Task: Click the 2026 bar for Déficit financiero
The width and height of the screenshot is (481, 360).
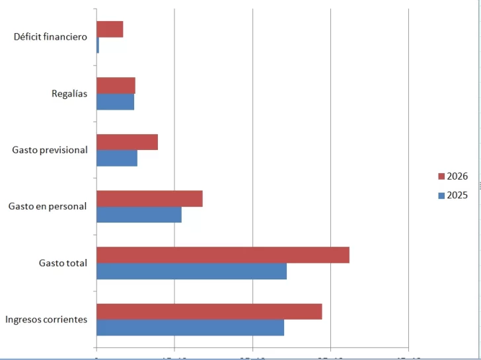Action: click(x=110, y=29)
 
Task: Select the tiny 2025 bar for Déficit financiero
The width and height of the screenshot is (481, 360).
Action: click(x=98, y=45)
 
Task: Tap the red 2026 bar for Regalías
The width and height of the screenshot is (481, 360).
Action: click(x=116, y=85)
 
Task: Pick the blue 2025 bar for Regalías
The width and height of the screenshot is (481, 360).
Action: click(x=115, y=102)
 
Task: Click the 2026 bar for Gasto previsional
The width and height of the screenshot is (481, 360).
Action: click(x=127, y=142)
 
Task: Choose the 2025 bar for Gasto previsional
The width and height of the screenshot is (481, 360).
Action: click(x=117, y=158)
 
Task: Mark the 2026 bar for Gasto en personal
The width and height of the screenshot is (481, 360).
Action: click(x=149, y=199)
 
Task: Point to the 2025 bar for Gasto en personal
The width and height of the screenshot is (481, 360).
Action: click(x=139, y=215)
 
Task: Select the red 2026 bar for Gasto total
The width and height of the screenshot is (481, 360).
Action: click(x=223, y=255)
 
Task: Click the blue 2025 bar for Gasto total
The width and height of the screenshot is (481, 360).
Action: click(x=192, y=271)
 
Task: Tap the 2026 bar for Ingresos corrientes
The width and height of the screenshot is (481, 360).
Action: click(x=209, y=312)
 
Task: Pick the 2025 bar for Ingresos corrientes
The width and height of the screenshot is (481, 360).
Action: click(x=190, y=328)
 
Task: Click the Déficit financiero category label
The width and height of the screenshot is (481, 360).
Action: click(x=50, y=37)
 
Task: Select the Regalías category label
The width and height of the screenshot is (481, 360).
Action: click(x=69, y=94)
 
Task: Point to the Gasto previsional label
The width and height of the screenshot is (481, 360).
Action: click(x=50, y=150)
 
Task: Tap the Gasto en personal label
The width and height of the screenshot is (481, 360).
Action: click(x=48, y=206)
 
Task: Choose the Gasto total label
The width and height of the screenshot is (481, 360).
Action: click(x=63, y=263)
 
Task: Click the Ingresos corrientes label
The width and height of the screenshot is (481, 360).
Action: click(x=46, y=320)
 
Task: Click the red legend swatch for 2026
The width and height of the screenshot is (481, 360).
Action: click(x=441, y=176)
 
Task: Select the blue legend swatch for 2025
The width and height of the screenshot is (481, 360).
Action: click(x=441, y=196)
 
